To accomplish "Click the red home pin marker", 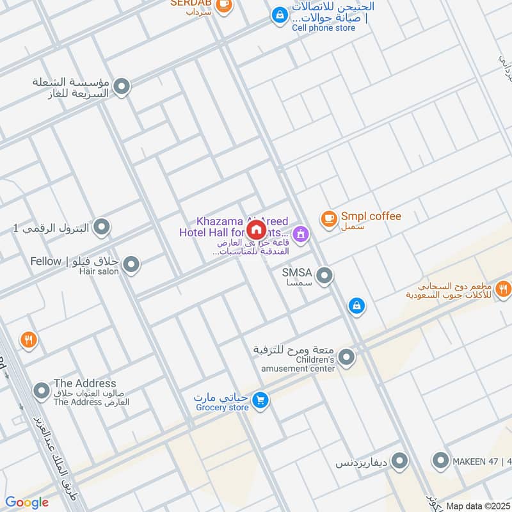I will click(x=256, y=230).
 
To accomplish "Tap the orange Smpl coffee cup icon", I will click(x=328, y=219).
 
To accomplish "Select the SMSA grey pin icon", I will click(x=324, y=276).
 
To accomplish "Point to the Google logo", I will click(x=27, y=502).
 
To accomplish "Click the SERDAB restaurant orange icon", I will click(x=223, y=5).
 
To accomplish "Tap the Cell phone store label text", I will click(x=323, y=28).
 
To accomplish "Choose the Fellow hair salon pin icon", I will click(x=131, y=264).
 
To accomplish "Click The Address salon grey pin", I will click(x=42, y=390).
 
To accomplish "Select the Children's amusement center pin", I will click(x=346, y=357).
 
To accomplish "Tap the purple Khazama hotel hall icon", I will click(x=301, y=235).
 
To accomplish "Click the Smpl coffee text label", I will click(x=371, y=216).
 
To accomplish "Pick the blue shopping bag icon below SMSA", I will click(x=356, y=306).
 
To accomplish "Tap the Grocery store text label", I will click(x=221, y=408).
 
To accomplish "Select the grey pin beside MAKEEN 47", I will click(x=440, y=460).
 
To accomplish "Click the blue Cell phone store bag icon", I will click(x=279, y=14).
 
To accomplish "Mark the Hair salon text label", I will click(x=99, y=271).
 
